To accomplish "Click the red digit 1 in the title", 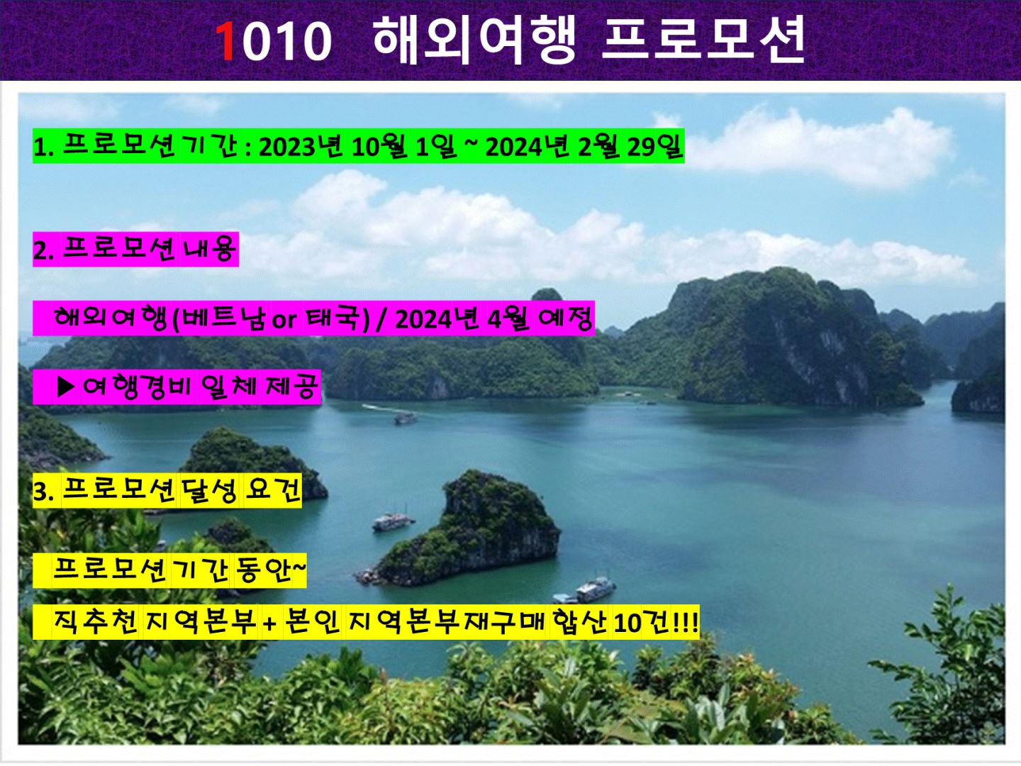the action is point(226,41).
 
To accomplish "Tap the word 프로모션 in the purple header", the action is point(703,39).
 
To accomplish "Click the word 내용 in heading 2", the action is point(209,249).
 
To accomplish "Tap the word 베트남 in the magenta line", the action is point(224,318).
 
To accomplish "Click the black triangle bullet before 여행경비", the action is point(66,387).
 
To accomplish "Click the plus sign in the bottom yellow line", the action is point(269,623).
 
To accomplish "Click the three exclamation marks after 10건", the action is point(686,622).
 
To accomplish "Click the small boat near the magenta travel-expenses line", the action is point(405,418).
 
